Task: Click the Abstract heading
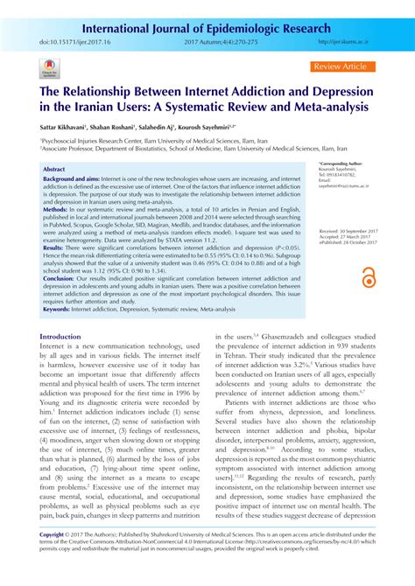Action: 55,170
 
